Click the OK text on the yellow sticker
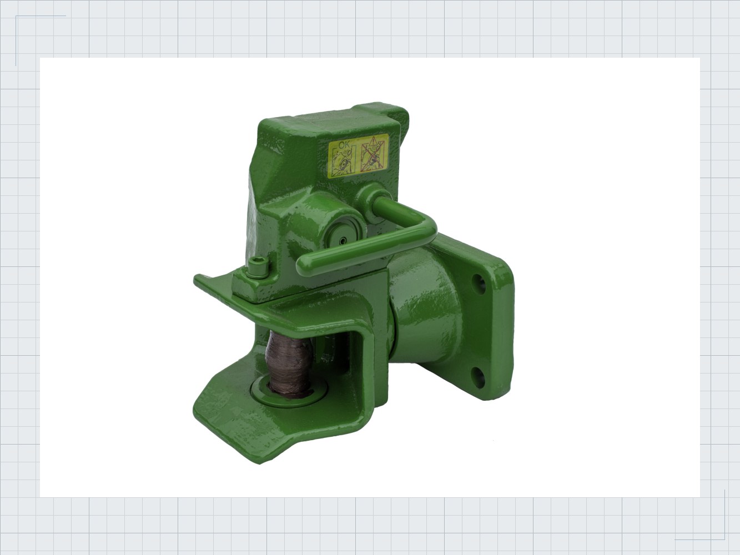coord(345,145)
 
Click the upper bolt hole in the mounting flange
coord(478,281)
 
